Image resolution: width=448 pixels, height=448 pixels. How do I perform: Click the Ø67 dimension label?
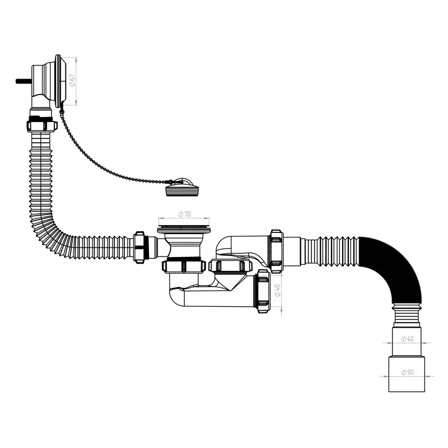(72, 80)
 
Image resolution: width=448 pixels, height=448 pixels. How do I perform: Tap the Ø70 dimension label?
(184, 214)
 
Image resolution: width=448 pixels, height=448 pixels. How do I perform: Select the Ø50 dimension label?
(407, 372)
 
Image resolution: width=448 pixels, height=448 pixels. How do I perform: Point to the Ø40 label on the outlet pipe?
(407, 339)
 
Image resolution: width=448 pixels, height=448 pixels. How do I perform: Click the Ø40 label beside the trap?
(277, 290)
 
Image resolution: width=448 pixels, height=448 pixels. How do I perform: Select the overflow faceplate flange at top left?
(59, 81)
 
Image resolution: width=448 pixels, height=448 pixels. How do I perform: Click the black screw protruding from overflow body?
(24, 81)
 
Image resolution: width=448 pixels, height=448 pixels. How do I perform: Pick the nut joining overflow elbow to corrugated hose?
(42, 125)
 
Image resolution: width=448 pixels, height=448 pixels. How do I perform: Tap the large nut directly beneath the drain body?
(184, 267)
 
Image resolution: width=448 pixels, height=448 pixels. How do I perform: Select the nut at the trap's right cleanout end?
(263, 291)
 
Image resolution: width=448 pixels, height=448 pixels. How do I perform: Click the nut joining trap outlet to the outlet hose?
(277, 251)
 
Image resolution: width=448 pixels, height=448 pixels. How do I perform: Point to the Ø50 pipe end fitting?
(407, 374)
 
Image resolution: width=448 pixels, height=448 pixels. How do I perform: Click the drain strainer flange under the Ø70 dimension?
(184, 229)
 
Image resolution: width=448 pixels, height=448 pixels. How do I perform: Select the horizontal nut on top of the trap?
(231, 265)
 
